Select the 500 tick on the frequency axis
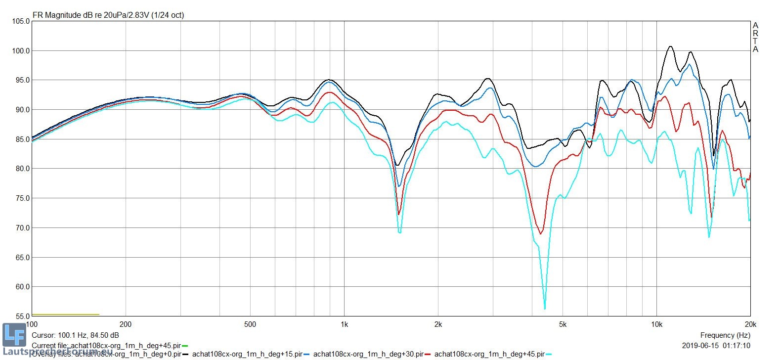250,324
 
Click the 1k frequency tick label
344,324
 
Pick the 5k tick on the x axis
563,324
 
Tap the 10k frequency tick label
656,324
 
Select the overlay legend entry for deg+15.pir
247,354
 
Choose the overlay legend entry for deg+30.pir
368,354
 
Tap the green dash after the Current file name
185,346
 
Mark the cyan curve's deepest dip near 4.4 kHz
545,309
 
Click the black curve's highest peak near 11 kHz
670,46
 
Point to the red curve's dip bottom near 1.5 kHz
398,214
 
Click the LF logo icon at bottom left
14,335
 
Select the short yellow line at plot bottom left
65,315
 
